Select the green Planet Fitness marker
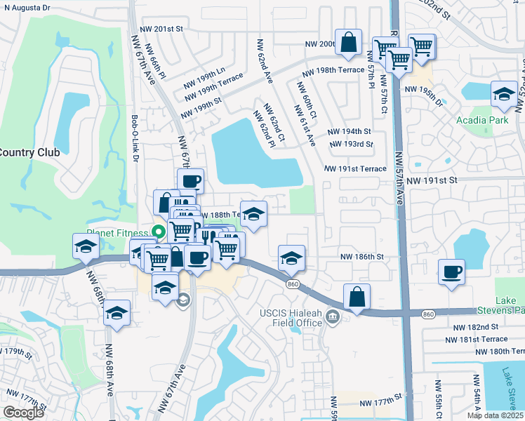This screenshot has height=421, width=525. point(159,232)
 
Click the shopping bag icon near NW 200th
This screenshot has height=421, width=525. point(348,43)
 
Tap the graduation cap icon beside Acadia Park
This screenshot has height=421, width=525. point(503,95)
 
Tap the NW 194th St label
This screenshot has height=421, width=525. point(349,131)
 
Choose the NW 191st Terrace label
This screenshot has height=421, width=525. point(355,169)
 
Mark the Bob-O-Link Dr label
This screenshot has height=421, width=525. point(135,140)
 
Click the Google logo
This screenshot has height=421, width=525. point(24,412)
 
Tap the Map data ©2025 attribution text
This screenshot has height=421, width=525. point(495,415)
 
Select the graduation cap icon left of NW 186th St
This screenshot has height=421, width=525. point(291,258)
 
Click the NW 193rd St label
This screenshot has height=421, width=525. point(349,145)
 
